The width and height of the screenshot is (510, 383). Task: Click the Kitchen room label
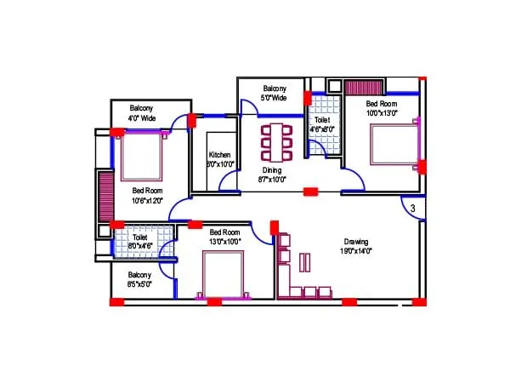click(x=219, y=155)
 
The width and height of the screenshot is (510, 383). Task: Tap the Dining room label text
click(x=271, y=170)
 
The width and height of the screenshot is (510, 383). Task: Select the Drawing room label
click(x=356, y=241)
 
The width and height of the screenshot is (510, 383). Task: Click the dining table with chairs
click(x=275, y=142)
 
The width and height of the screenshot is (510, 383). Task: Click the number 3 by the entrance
click(x=411, y=208)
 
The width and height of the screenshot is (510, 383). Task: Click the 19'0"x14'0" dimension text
click(x=355, y=251)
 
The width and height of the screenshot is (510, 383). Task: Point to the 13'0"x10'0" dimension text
click(x=225, y=242)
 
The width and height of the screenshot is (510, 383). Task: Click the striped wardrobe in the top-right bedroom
click(x=365, y=87)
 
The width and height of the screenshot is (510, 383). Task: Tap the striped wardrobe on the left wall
click(x=105, y=197)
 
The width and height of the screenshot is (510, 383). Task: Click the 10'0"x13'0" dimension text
click(x=382, y=112)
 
